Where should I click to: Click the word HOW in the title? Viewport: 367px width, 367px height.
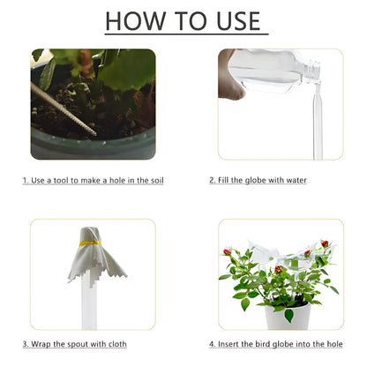coord(134,20)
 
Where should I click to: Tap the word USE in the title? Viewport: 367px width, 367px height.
coord(230,20)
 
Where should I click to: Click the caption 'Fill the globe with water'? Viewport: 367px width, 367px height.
coord(258,180)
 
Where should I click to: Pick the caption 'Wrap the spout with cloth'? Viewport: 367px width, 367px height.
coord(74,343)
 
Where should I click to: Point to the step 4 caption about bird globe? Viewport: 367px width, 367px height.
coord(275,343)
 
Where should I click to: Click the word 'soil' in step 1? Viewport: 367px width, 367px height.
coord(156,180)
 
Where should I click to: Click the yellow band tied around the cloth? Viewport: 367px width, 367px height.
coord(90,243)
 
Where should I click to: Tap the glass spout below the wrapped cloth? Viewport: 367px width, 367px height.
coord(89,304)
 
